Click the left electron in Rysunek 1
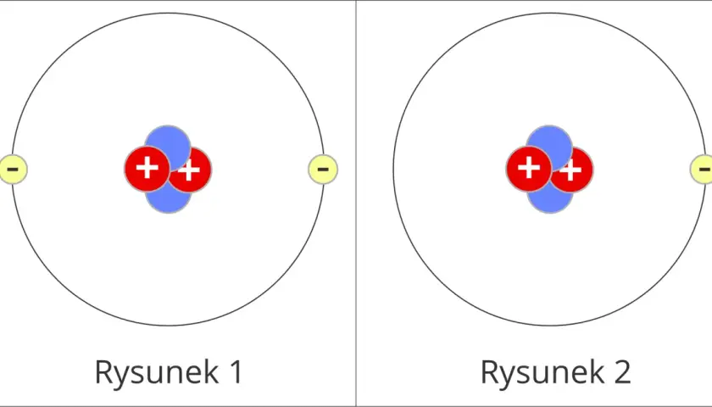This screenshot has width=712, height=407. click(13, 170)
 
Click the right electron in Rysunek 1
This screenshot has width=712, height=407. click(323, 170)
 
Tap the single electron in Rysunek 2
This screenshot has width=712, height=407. click(702, 170)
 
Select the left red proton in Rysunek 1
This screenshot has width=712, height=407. click(147, 169)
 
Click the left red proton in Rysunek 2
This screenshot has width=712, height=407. click(529, 169)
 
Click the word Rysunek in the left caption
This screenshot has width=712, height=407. click(157, 372)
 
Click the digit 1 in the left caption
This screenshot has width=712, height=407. click(236, 371)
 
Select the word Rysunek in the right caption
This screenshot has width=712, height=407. click(542, 372)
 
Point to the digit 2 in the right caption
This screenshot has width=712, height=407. click(621, 371)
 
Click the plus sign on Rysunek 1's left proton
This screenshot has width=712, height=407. click(147, 168)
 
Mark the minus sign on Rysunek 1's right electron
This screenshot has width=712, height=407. click(323, 170)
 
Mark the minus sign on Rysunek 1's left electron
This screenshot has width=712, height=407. click(13, 170)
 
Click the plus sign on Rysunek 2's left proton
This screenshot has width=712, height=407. click(529, 168)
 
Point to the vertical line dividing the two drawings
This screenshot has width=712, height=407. click(356, 203)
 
